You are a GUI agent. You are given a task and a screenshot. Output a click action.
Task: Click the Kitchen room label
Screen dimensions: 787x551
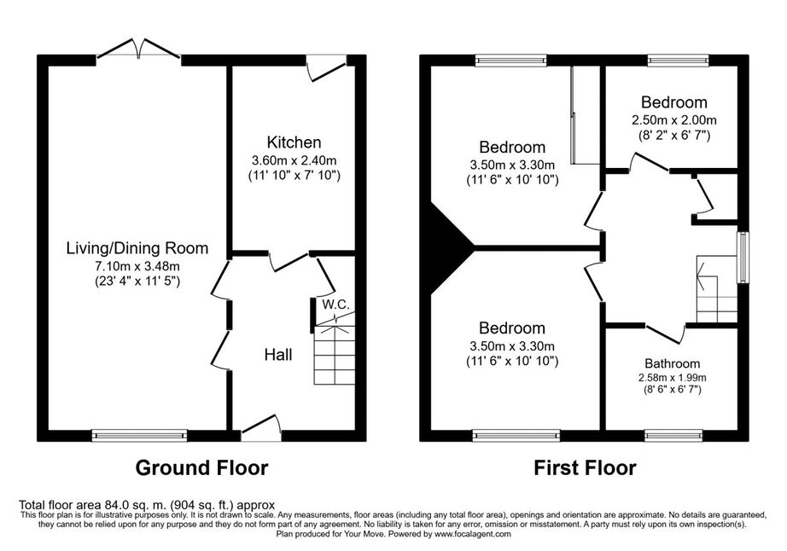tap(294, 142)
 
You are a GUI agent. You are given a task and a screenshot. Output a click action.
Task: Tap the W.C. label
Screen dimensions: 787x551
tap(335, 304)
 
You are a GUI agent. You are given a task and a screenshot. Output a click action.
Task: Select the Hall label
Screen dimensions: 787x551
tap(278, 355)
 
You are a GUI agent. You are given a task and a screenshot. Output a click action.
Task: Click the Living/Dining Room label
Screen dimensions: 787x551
tap(137, 248)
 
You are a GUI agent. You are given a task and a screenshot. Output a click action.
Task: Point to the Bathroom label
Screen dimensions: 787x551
tap(672, 363)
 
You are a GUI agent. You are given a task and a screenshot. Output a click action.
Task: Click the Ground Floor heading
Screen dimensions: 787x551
tap(201, 467)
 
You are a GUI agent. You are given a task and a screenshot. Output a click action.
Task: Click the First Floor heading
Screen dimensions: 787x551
tap(585, 467)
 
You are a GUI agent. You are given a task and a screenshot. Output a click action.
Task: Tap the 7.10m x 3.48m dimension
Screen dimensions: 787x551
tap(137, 266)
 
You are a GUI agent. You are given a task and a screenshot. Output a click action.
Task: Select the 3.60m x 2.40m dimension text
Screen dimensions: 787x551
tap(294, 161)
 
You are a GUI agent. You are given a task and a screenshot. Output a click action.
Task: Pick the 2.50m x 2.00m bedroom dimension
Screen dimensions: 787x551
tap(674, 120)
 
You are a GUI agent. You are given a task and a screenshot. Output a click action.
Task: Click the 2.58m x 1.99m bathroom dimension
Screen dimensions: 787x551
tap(672, 378)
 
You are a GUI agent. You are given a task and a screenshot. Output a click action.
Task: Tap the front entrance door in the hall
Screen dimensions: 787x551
tap(261, 429)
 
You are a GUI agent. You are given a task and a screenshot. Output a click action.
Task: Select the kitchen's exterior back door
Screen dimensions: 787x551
tap(326, 67)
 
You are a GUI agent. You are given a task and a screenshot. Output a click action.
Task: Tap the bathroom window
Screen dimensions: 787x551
tap(673, 435)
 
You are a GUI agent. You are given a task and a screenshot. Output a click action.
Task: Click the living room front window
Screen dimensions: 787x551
tap(139, 435)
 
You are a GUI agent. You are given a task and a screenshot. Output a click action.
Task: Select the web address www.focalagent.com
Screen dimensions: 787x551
tap(473, 534)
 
